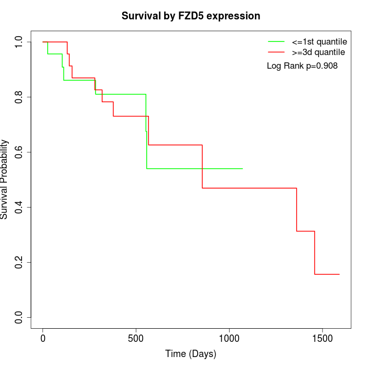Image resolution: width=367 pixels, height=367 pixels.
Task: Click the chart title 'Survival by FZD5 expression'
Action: click(x=191, y=16)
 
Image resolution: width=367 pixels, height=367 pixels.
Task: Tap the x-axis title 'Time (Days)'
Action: click(x=191, y=354)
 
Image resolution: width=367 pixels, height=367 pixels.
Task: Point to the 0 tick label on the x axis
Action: click(x=43, y=339)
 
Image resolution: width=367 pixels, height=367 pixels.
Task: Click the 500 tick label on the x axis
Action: click(x=136, y=339)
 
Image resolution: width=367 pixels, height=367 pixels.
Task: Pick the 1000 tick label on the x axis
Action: click(x=229, y=339)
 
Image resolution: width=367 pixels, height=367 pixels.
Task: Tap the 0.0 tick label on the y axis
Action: click(x=19, y=318)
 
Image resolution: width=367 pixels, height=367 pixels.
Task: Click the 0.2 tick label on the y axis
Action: click(x=19, y=263)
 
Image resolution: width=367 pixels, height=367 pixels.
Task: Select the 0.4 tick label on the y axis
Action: click(x=19, y=208)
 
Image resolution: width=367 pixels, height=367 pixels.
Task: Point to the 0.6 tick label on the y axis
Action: click(x=19, y=153)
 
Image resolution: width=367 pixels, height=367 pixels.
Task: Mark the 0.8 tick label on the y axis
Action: click(x=19, y=98)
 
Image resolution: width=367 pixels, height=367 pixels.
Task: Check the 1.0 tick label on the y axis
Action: click(x=19, y=42)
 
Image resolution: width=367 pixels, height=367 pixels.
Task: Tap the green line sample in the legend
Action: click(x=276, y=41)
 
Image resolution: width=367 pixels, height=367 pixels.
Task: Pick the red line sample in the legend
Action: click(x=276, y=52)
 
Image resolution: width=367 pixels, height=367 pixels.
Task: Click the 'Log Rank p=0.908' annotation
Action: click(x=302, y=66)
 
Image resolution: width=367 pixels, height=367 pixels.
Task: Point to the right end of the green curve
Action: click(x=242, y=169)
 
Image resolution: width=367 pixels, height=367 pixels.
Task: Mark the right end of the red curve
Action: click(x=339, y=274)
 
